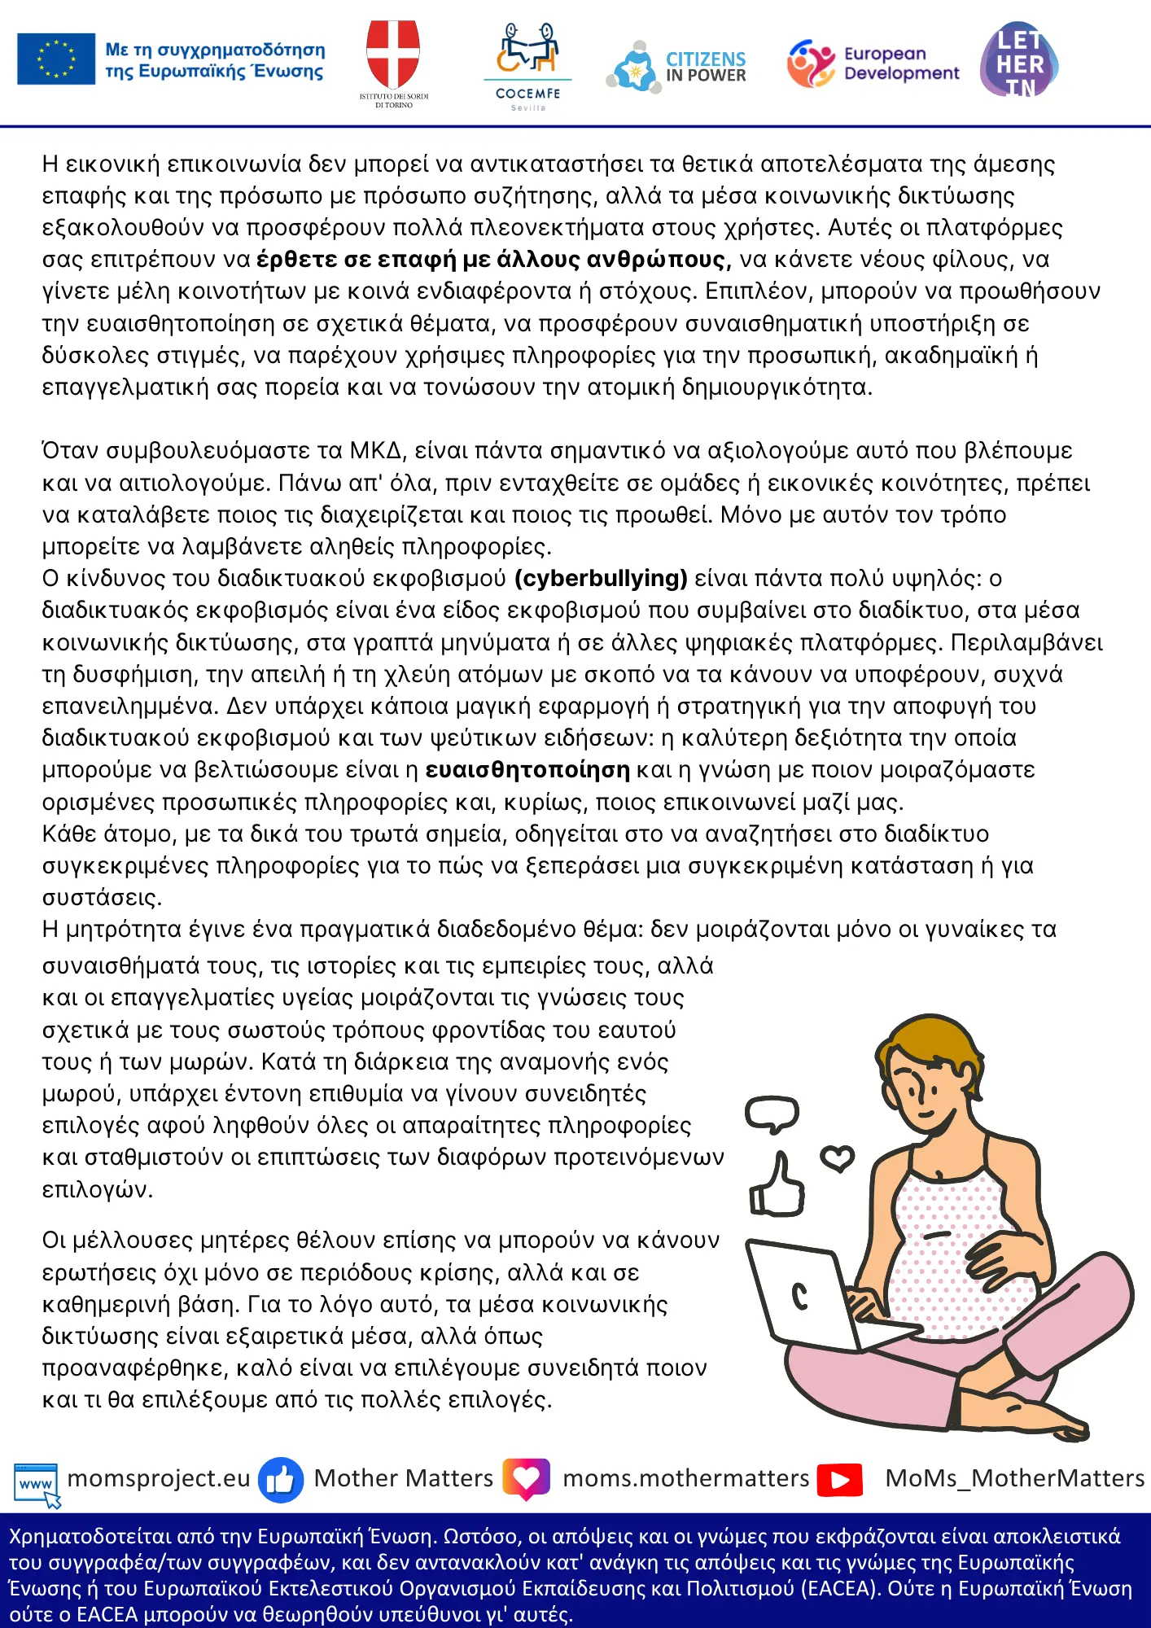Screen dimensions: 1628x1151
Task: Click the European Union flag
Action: (56, 59)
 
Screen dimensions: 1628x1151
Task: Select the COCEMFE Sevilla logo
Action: (527, 65)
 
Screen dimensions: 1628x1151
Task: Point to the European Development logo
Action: (873, 63)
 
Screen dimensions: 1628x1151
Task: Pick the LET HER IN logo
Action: (1019, 60)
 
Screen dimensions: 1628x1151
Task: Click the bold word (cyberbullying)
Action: (601, 578)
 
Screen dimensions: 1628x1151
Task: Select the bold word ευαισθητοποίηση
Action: (527, 769)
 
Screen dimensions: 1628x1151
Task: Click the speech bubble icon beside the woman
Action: (772, 1114)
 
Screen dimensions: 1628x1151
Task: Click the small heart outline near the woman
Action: (837, 1157)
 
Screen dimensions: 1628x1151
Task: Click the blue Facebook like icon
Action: (281, 1479)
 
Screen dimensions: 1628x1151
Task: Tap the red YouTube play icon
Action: (840, 1479)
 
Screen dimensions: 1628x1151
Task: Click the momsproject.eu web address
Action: (159, 1478)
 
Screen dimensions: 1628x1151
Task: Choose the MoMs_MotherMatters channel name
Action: (1014, 1478)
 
